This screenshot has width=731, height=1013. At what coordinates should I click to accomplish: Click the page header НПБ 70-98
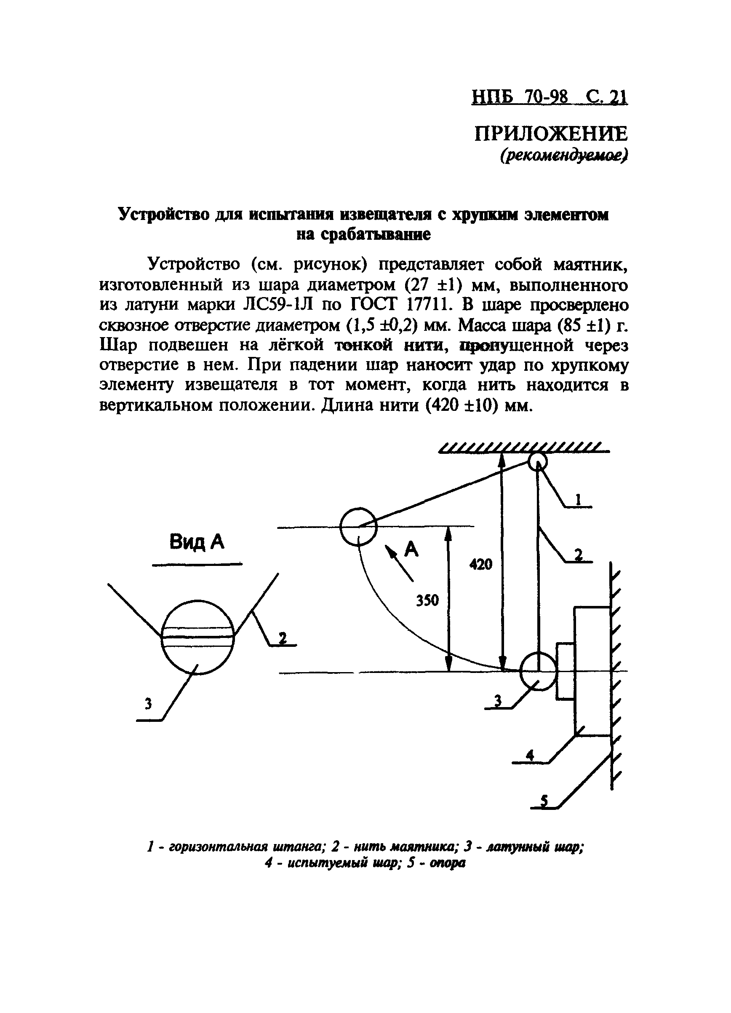(520, 97)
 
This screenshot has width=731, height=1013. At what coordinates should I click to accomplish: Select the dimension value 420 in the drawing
(480, 564)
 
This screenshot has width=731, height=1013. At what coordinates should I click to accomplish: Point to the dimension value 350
(427, 601)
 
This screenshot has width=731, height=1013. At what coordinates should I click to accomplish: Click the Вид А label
(197, 542)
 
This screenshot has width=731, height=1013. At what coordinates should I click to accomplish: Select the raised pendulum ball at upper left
(358, 527)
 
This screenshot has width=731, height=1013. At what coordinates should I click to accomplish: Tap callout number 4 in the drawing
(530, 755)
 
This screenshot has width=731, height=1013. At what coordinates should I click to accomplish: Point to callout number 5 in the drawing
(544, 802)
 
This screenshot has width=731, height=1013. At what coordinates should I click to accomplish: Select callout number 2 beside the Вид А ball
(282, 638)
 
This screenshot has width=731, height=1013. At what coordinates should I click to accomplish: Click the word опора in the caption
(447, 863)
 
